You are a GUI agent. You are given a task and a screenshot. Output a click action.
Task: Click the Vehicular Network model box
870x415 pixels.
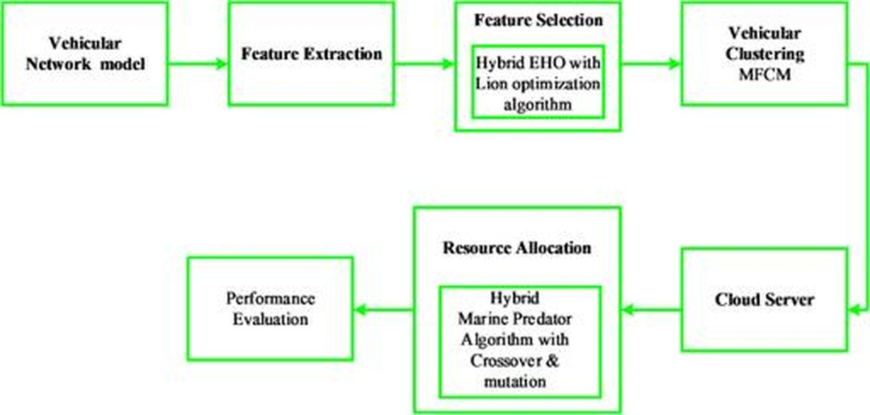pos(85,54)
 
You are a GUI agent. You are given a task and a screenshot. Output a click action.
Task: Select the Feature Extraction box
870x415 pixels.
pos(312,54)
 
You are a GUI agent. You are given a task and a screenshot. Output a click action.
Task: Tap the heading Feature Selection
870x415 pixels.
pos(538,20)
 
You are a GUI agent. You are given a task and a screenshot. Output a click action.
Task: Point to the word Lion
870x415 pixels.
pos(491,83)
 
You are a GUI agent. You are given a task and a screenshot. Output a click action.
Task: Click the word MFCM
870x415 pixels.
pos(764,74)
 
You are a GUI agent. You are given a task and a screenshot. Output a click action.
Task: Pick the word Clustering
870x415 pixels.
pos(764,54)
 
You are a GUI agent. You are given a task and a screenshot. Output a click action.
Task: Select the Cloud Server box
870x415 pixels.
pos(764,300)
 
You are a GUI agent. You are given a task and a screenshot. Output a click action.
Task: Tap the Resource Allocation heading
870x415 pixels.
pos(517,247)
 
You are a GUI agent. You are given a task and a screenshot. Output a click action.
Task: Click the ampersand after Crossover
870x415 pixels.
pos(552,361)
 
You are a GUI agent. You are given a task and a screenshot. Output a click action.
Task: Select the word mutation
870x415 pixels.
pos(515,382)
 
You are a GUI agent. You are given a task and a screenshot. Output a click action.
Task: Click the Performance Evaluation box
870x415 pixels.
pos(270,308)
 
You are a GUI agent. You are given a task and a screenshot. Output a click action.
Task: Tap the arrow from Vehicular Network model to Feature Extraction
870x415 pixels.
pos(198,63)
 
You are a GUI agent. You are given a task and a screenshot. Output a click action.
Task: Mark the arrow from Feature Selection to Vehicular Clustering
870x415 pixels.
pos(651,63)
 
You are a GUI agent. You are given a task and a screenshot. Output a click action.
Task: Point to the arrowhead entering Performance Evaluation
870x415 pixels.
pos(360,310)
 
